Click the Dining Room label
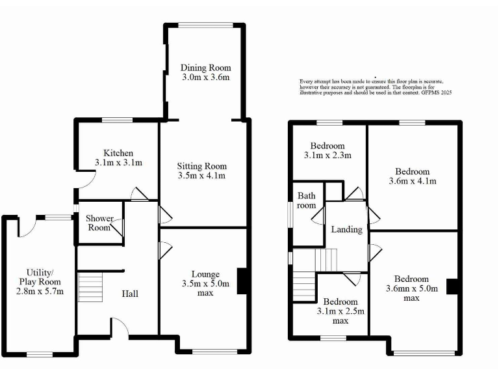tap(205, 68)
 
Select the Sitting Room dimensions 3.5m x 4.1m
tap(201, 176)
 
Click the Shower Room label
tap(99, 223)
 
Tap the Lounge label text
tap(205, 274)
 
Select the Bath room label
tap(307, 201)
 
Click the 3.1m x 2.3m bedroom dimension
tap(327, 156)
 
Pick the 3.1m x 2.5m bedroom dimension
tap(340, 311)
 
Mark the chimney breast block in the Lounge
tap(243, 281)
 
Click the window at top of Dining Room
tap(205, 25)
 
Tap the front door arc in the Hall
tap(119, 330)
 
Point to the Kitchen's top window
tap(117, 120)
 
